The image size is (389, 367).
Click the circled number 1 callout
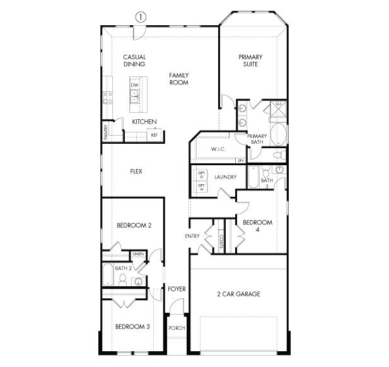click(x=139, y=17)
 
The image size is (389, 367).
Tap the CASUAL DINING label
click(x=134, y=61)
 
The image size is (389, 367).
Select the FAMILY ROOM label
click(x=179, y=79)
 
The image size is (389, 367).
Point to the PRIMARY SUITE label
click(x=250, y=61)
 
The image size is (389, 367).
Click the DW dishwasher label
click(x=134, y=84)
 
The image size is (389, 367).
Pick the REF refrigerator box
click(x=154, y=134)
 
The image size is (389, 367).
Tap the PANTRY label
click(x=106, y=131)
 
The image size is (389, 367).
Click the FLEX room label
click(x=136, y=171)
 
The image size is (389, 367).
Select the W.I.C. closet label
click(x=219, y=149)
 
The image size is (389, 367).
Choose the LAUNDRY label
click(x=225, y=177)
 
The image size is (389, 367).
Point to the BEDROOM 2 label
click(x=134, y=224)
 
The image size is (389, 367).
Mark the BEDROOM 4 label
click(x=257, y=226)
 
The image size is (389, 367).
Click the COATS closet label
click(x=221, y=240)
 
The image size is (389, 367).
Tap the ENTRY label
click(x=192, y=236)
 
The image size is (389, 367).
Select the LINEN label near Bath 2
click(x=138, y=254)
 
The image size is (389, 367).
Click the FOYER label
click(x=177, y=289)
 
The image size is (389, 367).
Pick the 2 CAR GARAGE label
click(x=238, y=294)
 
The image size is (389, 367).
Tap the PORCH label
click(x=176, y=329)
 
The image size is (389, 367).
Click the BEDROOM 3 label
click(x=132, y=327)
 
